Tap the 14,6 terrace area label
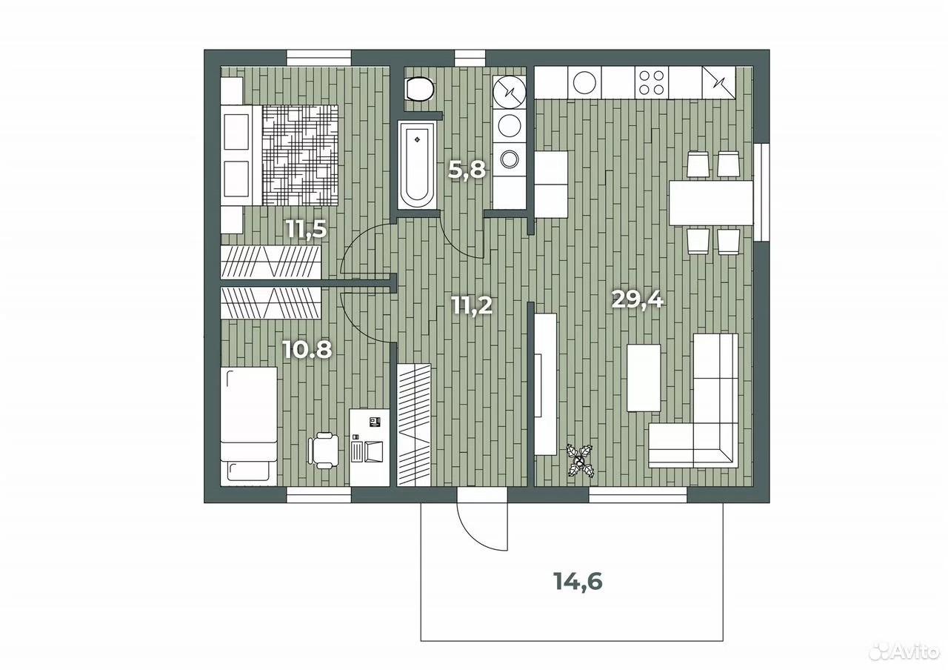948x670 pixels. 578,582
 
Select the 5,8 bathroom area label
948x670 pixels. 467,170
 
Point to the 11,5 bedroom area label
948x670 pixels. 307,230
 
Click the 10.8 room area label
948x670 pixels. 307,351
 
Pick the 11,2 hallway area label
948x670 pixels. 473,305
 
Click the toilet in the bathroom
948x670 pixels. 419,90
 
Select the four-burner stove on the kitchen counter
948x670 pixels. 651,82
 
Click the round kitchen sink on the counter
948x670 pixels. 584,82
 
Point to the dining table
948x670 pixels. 711,203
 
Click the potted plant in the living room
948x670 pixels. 581,461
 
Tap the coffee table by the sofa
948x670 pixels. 644,378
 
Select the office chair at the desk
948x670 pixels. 324,450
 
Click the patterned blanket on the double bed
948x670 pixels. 300,155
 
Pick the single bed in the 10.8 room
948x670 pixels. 248,426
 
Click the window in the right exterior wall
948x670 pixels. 761,193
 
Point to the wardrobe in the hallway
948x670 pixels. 414,425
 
